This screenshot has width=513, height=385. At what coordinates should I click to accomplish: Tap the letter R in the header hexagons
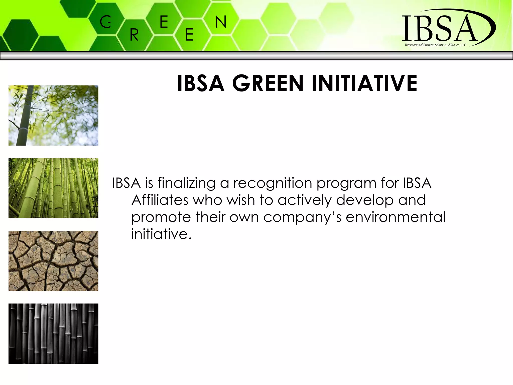[x=134, y=35]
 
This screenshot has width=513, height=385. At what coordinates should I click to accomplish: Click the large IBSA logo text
[x=440, y=28]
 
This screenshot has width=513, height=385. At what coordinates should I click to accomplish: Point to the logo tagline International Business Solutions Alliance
[x=436, y=45]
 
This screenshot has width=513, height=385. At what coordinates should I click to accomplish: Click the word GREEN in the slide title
[x=268, y=83]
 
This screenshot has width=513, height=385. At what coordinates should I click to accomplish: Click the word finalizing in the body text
[x=186, y=183]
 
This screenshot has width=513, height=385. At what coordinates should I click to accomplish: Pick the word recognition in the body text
[x=273, y=183]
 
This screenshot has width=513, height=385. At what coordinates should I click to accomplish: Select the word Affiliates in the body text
[x=160, y=200]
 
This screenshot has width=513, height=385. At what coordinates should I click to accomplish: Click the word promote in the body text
[x=161, y=217]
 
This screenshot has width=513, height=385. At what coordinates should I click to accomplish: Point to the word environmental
[x=396, y=217]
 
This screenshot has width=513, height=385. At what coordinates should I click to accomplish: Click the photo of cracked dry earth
[x=53, y=261]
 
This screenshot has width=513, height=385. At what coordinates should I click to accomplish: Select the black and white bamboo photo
[x=53, y=333]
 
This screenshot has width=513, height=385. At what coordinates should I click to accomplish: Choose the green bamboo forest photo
[x=53, y=188]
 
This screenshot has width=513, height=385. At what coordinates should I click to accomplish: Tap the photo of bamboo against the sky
[x=53, y=115]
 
